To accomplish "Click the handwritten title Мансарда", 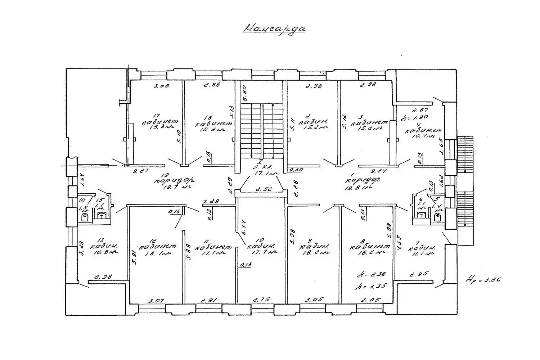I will click(x=274, y=28).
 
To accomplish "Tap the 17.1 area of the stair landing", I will click(x=266, y=173).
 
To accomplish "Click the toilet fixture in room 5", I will click(x=437, y=217).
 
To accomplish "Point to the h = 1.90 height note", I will click(x=416, y=117).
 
